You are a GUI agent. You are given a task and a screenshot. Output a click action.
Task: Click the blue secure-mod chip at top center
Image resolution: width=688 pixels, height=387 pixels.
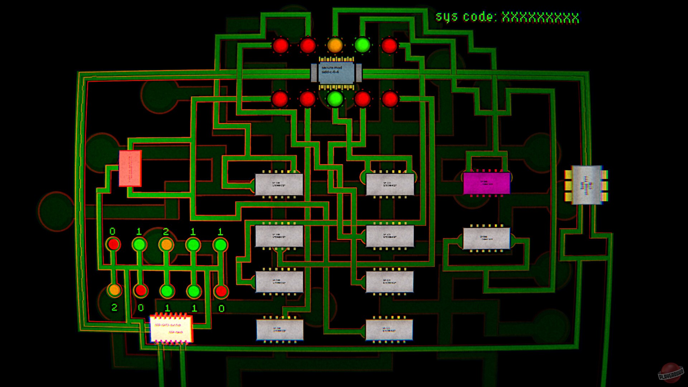[336, 73]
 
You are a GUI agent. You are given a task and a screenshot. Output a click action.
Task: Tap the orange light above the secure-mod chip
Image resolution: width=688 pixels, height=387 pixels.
[335, 45]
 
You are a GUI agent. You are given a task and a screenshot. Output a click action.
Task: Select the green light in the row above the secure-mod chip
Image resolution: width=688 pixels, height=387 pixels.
[362, 45]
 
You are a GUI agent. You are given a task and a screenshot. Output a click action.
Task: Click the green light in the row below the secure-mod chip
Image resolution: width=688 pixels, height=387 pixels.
[335, 99]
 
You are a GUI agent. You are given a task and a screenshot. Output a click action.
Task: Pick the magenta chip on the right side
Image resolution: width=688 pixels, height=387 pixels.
[486, 183]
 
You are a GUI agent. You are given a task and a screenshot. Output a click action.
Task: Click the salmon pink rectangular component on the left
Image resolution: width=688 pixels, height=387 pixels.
[130, 168]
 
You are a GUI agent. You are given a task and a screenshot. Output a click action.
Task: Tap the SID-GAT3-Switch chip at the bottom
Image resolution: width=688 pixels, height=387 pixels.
[171, 328]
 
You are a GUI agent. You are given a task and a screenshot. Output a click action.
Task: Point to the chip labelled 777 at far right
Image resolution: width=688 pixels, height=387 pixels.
[586, 185]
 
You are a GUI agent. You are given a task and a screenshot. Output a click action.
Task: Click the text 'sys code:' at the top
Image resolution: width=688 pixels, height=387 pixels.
[465, 17]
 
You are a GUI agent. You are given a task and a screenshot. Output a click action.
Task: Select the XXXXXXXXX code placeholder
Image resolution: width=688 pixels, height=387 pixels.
[540, 17]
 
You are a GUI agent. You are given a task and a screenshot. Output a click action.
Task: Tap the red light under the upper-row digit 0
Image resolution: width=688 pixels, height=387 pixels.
[113, 245]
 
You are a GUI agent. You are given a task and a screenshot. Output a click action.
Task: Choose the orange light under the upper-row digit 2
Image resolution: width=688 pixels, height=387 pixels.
[166, 245]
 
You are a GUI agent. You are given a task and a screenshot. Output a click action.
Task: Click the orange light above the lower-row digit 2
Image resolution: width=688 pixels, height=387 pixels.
[114, 290]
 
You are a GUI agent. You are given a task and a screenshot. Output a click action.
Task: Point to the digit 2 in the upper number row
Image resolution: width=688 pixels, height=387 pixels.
[166, 232]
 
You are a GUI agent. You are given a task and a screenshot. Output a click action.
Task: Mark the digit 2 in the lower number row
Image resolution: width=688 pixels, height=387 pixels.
[114, 307]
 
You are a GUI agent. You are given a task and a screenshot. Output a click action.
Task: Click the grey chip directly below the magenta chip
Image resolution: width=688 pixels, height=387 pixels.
[486, 238]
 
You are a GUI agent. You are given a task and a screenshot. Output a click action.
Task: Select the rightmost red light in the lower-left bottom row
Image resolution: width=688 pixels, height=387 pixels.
[221, 291]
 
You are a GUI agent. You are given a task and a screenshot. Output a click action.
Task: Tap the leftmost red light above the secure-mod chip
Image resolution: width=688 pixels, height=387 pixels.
[280, 46]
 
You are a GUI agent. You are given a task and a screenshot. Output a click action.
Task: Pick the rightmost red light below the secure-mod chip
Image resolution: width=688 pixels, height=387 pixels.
[390, 99]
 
